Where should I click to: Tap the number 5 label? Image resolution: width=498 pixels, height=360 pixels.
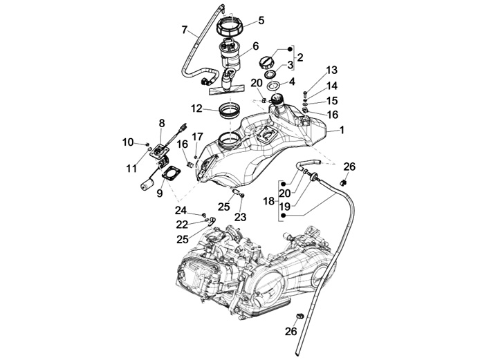coord(261,20)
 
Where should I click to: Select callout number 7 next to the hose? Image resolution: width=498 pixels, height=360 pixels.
coord(185,30)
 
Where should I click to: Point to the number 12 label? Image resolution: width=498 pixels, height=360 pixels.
coord(196,108)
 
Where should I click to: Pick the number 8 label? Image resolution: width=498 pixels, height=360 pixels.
coord(162,123)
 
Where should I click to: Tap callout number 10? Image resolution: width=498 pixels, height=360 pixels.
coord(127,142)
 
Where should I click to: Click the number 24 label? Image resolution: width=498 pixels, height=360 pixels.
coord(181,210)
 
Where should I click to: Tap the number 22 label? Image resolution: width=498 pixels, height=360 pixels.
coord(182,225)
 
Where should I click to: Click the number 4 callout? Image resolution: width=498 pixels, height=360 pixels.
coord(291,82)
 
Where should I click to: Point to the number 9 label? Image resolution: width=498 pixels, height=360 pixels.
coord(160,194)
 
